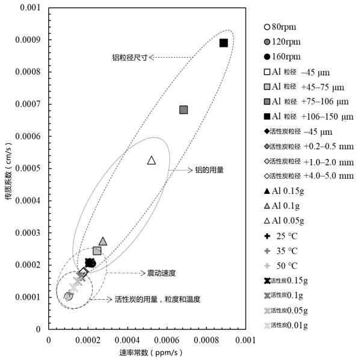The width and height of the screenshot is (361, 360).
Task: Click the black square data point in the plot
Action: tap(223, 43)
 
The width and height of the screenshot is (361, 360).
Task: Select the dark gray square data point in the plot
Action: tap(184, 110)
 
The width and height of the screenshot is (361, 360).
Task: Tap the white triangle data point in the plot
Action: tap(152, 160)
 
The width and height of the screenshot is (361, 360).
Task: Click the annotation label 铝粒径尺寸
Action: tap(130, 57)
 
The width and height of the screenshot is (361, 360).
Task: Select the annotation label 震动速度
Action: tap(161, 273)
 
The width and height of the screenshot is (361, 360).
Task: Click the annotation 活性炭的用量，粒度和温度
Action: tap(157, 299)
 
